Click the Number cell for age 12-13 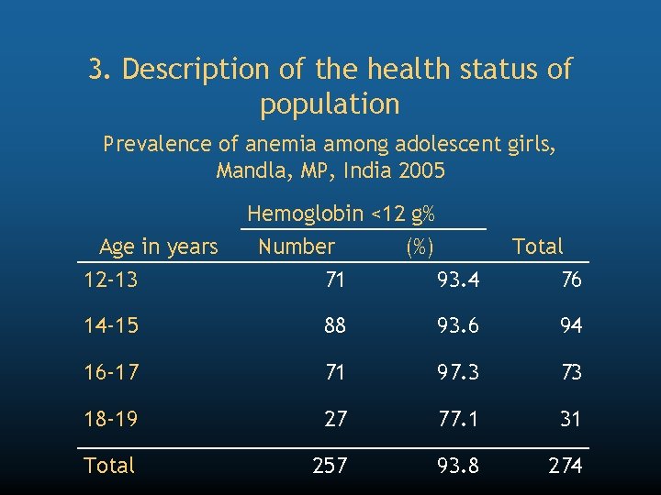tap(335, 280)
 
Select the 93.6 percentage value tap(457, 325)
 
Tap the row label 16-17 tap(111, 372)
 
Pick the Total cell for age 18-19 tap(571, 419)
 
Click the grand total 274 tap(566, 466)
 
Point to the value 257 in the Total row tap(330, 466)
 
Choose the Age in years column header tap(158, 247)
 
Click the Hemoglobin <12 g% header tap(341, 214)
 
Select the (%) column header tap(420, 247)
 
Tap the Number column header tap(297, 247)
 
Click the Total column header tap(538, 247)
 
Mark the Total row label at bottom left tap(109, 466)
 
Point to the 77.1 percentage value tap(457, 419)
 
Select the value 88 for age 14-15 tap(335, 325)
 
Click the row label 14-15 tap(111, 325)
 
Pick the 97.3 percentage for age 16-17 tap(457, 372)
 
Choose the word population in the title tap(330, 104)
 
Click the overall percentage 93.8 tap(457, 466)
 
